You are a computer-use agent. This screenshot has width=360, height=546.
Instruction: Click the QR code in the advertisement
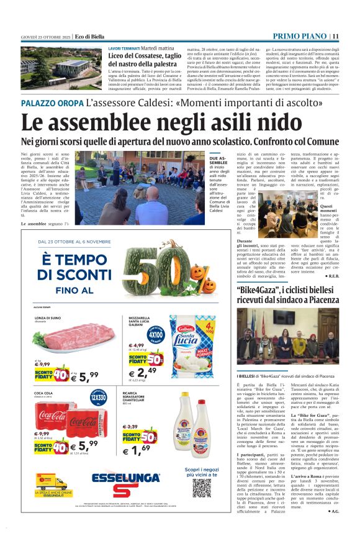(x=202, y=488)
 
